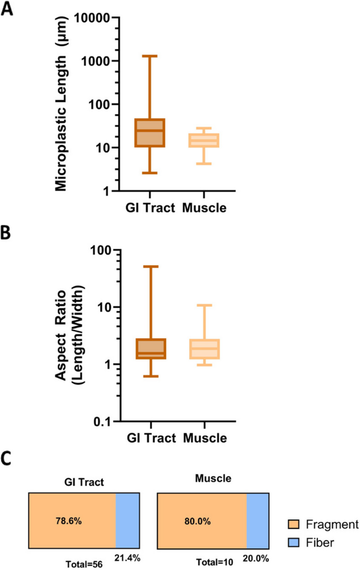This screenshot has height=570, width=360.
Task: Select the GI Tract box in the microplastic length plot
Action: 150,133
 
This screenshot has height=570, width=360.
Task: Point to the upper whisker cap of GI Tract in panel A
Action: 150,56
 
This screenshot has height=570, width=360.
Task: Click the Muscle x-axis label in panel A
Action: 204,208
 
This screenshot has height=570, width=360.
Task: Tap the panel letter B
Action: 7,234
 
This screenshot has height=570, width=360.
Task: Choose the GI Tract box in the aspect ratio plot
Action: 150,349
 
